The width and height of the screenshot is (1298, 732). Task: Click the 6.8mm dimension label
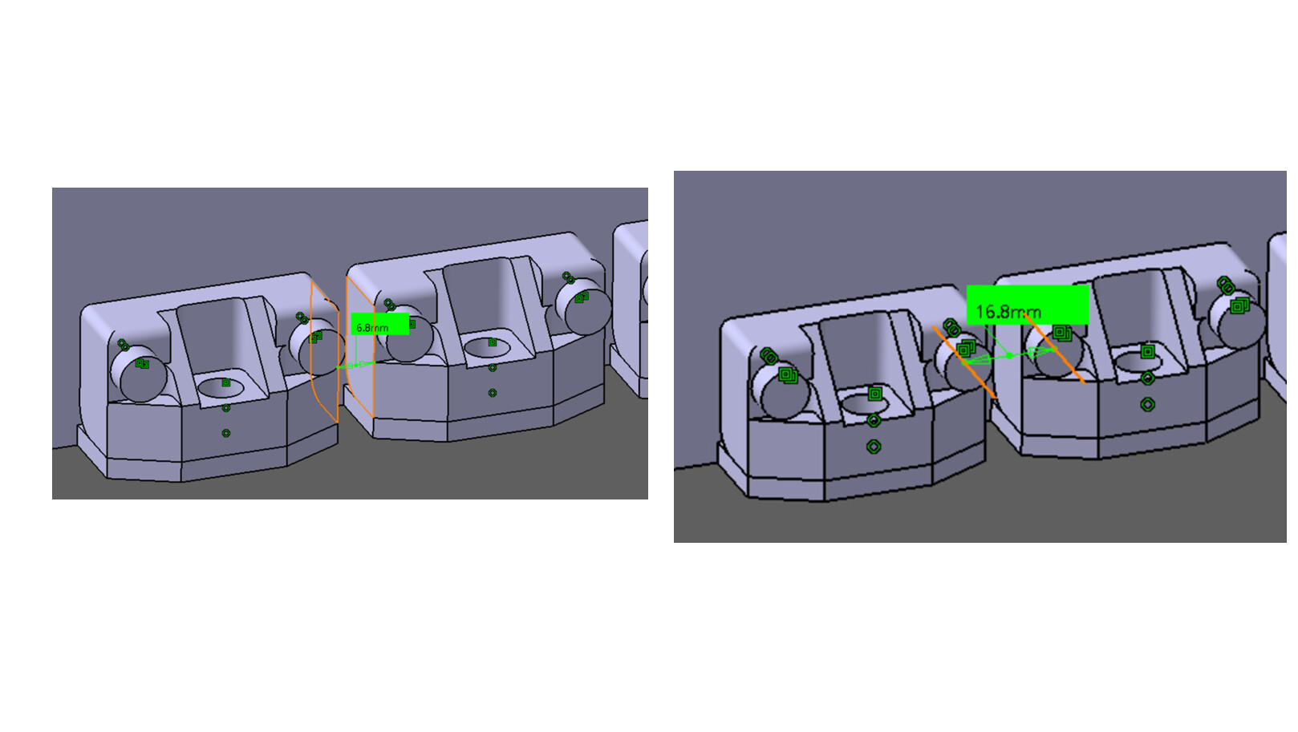380,324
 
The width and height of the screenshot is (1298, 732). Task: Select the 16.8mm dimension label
1028,305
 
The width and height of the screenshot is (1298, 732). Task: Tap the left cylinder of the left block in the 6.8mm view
138,374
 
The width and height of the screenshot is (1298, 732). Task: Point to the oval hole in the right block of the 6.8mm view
487,348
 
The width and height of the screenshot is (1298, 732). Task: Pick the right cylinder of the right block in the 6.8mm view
583,307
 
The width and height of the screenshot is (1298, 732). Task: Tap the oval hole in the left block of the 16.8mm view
865,402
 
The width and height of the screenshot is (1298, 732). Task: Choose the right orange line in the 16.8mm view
1055,349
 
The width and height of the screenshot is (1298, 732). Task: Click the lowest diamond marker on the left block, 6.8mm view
226,433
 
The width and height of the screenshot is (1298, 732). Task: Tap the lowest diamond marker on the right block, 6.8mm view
493,393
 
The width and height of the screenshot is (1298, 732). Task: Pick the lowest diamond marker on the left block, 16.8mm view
874,447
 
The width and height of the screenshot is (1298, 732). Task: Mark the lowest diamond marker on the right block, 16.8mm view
1147,404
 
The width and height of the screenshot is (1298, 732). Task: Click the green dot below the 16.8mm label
1009,355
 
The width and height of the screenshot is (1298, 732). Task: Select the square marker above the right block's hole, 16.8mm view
1147,351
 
